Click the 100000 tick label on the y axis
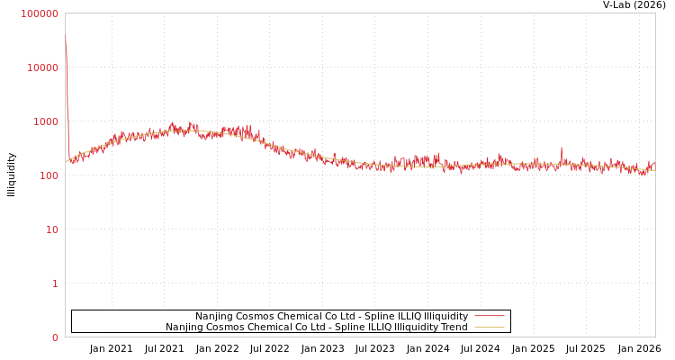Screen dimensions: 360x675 point(40,13)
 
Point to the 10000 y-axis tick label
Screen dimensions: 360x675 point(43,67)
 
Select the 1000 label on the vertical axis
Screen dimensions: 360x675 point(46,121)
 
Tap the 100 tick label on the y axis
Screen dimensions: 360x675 point(49,175)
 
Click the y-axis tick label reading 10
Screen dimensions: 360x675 point(52,229)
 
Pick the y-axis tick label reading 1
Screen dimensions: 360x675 point(55,283)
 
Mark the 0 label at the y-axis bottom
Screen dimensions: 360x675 point(55,337)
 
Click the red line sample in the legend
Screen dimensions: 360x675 point(489,316)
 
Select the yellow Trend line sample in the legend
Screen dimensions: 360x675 point(489,327)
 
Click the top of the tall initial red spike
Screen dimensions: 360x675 point(65,36)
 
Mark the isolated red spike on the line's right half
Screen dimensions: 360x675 point(562,148)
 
